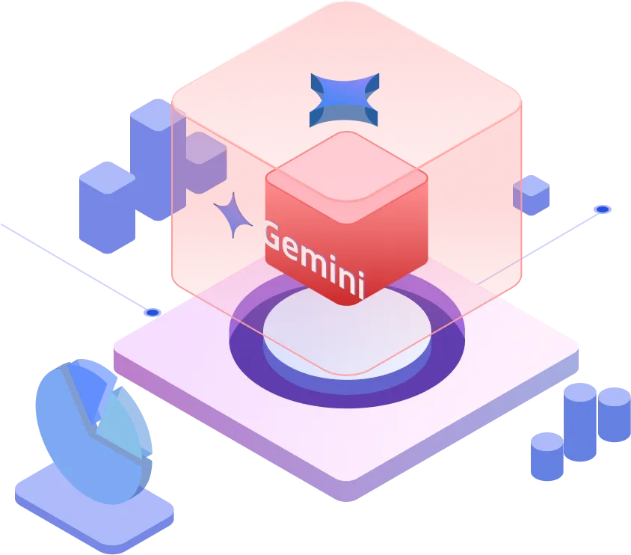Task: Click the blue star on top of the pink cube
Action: click(x=345, y=100)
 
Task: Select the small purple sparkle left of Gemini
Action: click(x=233, y=215)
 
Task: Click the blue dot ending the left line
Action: click(x=153, y=312)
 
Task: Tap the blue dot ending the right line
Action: click(x=602, y=209)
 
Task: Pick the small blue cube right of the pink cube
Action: click(x=531, y=194)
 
